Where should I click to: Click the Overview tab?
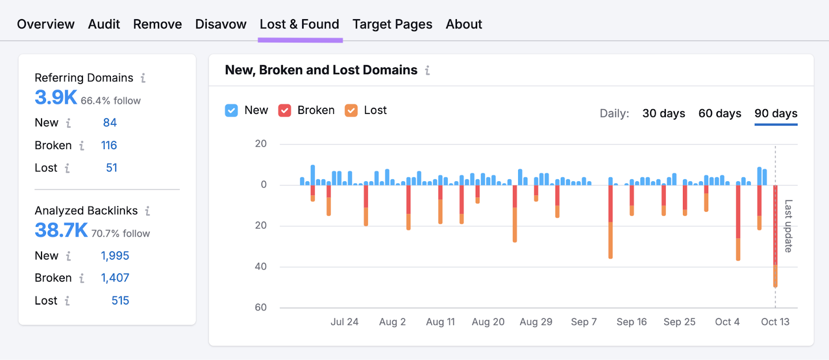pos(46,24)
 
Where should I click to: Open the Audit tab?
pos(104,24)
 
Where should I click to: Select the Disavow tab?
pos(221,24)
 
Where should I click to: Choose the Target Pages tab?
pos(392,24)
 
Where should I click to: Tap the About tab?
pos(464,24)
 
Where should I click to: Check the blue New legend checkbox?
pos(232,110)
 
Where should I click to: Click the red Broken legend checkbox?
pos(284,110)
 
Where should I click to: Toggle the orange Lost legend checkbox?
pos(351,110)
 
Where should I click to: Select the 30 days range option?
pos(664,113)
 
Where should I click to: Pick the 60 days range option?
pos(720,113)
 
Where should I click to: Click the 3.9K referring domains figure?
pos(56,97)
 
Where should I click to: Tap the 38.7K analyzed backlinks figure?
pos(61,231)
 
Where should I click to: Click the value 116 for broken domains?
pos(109,146)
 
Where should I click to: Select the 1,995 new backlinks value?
pos(115,256)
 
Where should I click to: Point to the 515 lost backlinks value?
pos(120,301)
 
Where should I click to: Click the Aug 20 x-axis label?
pos(488,322)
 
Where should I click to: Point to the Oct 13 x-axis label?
pos(775,322)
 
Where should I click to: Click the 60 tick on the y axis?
pos(261,308)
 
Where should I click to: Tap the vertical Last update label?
pos(788,226)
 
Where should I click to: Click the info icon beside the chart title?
pos(427,70)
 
